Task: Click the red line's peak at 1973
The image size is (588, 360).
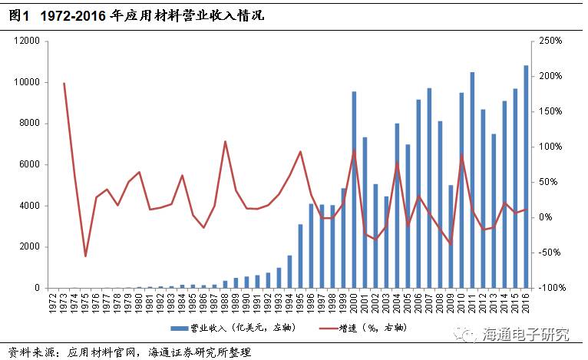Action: (x=64, y=83)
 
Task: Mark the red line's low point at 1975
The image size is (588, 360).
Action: (x=85, y=256)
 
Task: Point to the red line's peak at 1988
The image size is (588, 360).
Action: (x=225, y=141)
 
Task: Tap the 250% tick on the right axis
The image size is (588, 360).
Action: (x=551, y=41)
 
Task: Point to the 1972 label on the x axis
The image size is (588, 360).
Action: (x=53, y=302)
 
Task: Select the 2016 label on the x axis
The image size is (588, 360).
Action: (x=526, y=302)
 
